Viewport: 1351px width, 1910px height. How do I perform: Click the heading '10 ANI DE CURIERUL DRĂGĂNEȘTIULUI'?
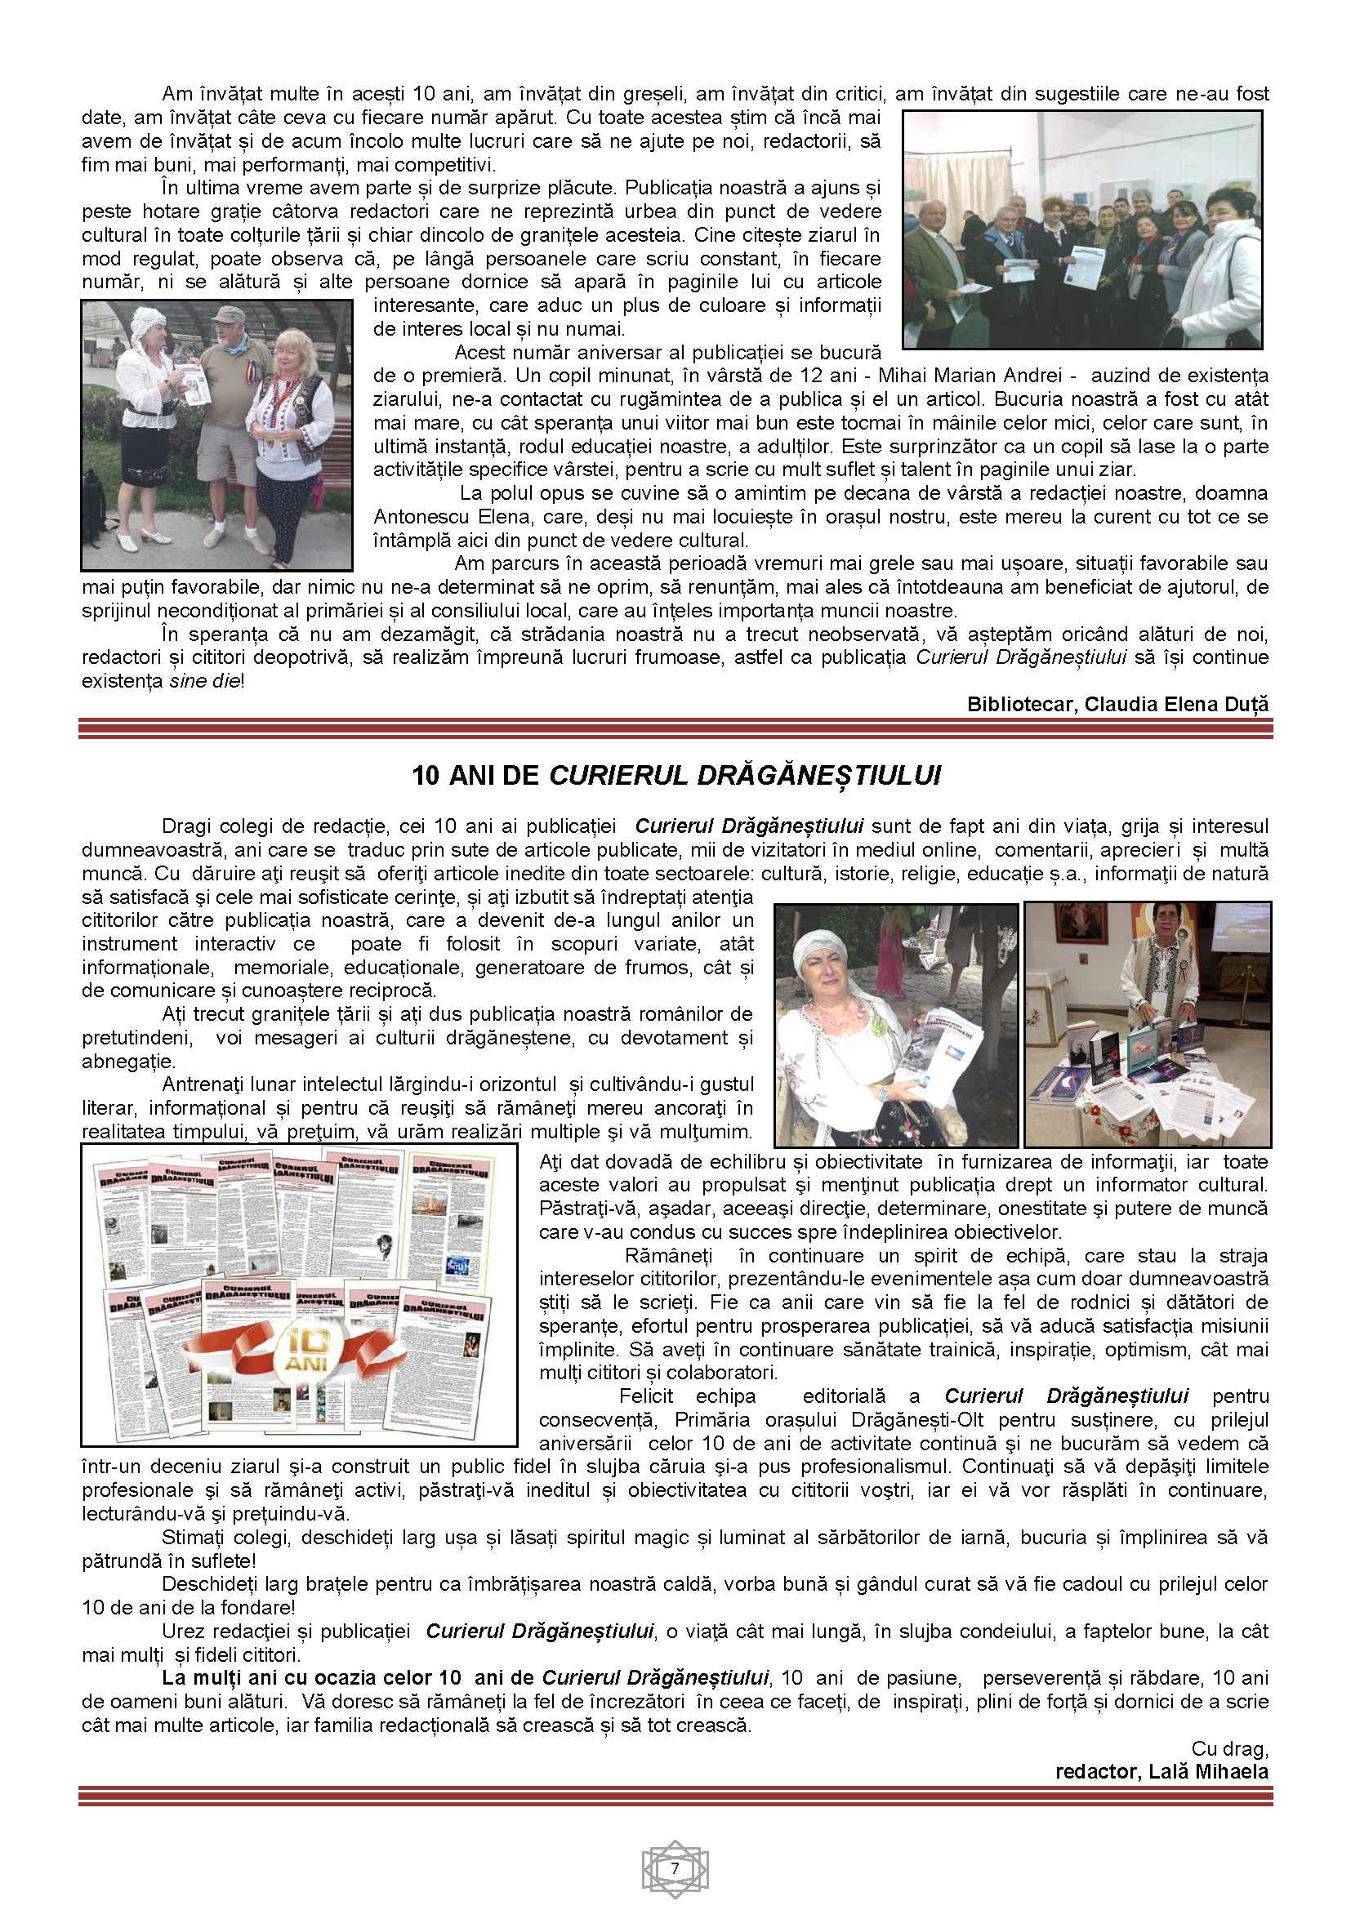(x=676, y=775)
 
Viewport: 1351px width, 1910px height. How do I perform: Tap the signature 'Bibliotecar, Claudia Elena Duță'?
(x=1117, y=704)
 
